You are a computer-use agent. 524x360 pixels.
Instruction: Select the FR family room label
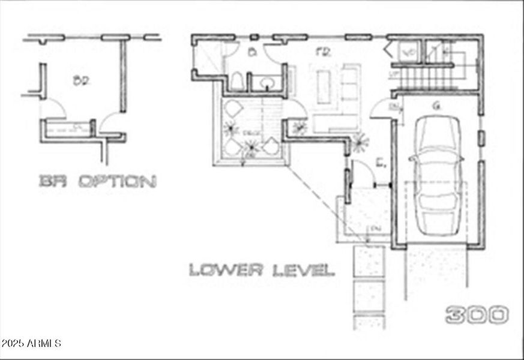click(324, 52)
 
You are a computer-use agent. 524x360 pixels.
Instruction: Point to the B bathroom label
click(253, 52)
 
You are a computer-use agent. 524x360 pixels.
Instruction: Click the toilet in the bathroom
click(238, 82)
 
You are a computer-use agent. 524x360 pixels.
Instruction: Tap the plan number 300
click(477, 314)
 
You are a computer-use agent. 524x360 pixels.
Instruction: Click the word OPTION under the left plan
click(118, 181)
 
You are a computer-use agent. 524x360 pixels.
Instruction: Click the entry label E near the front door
click(380, 163)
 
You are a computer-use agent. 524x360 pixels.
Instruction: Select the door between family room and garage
click(382, 110)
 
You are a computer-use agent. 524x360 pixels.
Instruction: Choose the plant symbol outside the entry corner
click(361, 142)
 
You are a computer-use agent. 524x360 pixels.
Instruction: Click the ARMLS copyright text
click(31, 344)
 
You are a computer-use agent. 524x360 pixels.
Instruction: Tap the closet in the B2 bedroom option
click(67, 128)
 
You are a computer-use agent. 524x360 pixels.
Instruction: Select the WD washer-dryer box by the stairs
click(409, 52)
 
